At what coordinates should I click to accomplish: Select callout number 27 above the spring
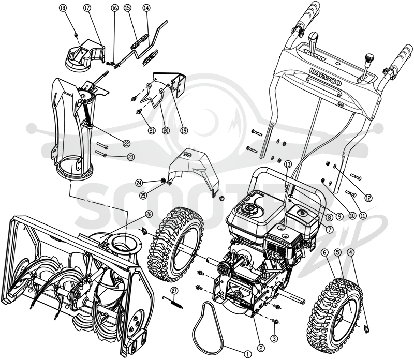point(174,290)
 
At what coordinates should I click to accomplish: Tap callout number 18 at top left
point(63,8)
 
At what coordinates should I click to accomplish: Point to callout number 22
point(127,143)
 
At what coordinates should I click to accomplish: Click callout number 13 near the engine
point(288,164)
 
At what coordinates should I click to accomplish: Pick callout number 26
point(149,214)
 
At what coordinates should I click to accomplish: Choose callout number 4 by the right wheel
point(351,252)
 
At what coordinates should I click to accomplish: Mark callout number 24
point(139,182)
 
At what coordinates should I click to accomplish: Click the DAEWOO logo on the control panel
point(326,77)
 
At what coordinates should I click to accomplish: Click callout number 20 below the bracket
point(166,130)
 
